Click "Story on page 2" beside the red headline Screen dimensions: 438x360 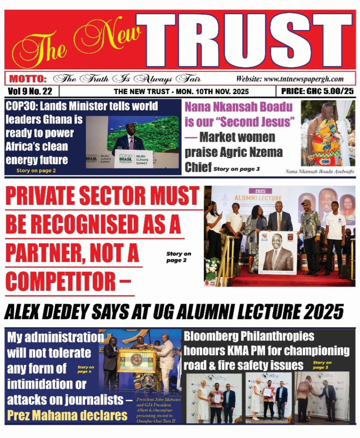click(179, 257)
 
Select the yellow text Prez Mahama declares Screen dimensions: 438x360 click(67, 414)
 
